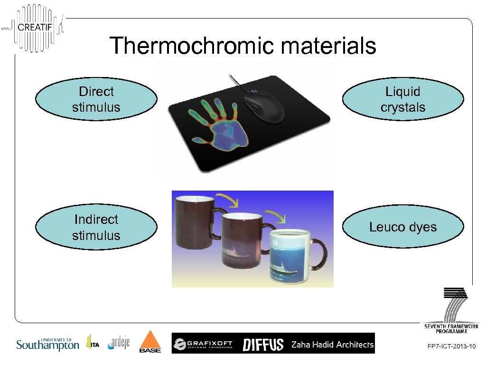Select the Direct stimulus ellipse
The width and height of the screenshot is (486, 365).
tap(96, 99)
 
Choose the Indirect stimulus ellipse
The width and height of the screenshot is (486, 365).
tap(96, 227)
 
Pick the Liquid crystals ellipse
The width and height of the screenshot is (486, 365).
tap(403, 99)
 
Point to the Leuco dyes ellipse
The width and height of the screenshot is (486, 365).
tap(403, 227)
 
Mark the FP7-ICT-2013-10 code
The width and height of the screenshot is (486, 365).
tap(451, 348)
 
